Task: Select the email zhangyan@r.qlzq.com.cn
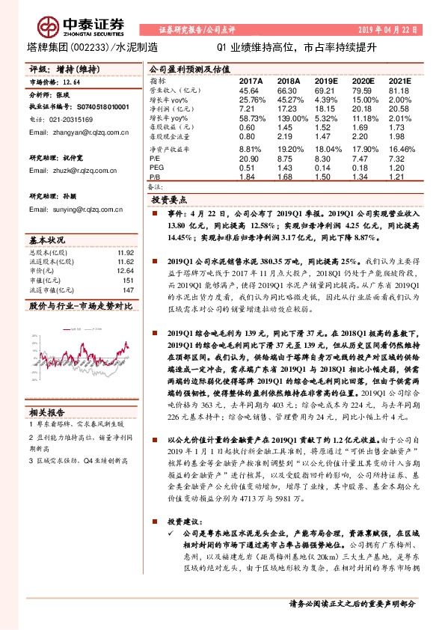[72, 132]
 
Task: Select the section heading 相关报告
[48, 411]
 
